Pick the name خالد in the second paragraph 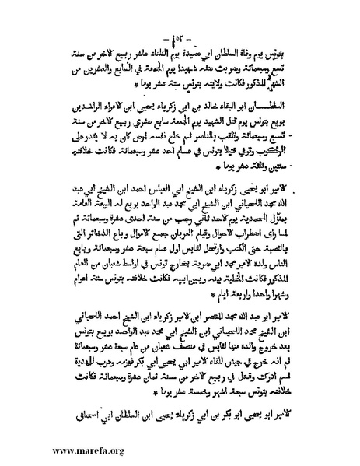tap(197, 101)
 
